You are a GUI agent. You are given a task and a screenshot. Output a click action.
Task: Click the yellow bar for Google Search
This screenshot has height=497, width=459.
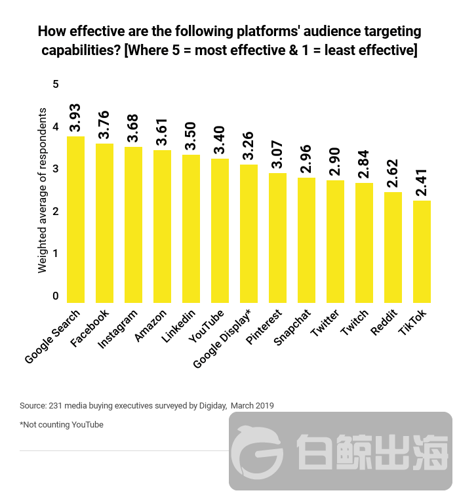75,219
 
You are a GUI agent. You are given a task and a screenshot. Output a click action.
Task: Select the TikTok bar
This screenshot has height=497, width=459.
422,251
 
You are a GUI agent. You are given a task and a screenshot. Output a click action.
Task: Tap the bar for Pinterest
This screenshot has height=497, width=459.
277,237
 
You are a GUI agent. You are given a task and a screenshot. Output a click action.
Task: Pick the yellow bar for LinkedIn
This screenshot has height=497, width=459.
191,228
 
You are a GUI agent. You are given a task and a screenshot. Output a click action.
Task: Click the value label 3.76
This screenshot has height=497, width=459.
105,123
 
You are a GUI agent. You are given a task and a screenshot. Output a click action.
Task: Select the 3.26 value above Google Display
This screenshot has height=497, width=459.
249,144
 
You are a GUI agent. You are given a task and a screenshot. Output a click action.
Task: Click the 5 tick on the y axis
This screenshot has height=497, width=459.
56,85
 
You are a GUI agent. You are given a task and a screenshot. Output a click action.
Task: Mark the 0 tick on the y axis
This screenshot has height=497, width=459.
56,296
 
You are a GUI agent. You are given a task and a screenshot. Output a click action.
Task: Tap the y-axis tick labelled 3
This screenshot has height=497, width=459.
56,169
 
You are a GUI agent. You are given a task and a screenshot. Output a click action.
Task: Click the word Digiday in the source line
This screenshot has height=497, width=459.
212,406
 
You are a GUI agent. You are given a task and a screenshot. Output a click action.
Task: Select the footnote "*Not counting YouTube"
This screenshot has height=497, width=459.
62,425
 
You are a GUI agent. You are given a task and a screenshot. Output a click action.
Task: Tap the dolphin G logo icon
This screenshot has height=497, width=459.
258,452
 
